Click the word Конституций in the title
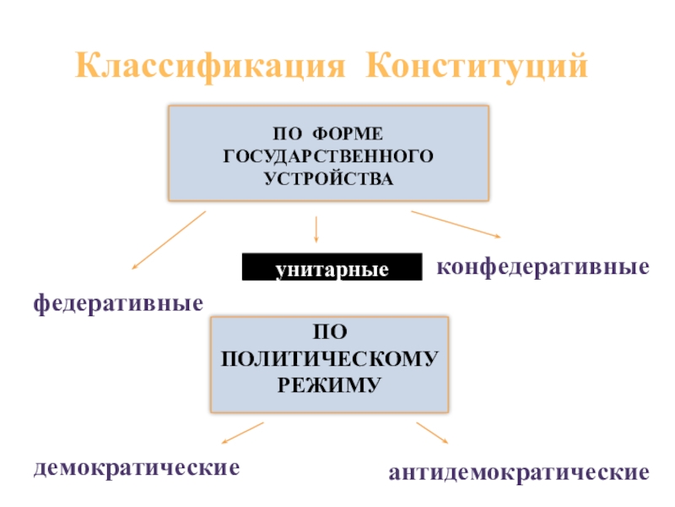coord(477,64)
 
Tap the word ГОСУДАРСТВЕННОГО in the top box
coord(328,156)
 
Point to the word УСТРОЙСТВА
coord(328,178)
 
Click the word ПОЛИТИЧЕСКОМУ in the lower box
coord(328,359)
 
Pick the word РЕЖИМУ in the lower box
coord(328,383)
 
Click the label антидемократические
coord(519,471)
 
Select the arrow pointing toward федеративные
coord(169,241)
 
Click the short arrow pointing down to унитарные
coord(316,230)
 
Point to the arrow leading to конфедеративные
coord(456,224)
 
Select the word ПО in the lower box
coord(328,335)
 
